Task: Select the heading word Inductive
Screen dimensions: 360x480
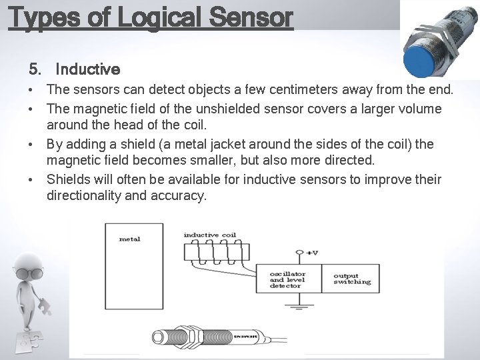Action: click(87, 69)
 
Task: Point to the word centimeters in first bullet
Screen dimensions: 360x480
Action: click(283, 89)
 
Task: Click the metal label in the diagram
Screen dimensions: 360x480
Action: click(129, 239)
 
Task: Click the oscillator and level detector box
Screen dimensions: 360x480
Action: click(288, 279)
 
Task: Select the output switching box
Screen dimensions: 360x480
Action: click(351, 279)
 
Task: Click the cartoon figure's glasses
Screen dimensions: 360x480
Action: click(29, 273)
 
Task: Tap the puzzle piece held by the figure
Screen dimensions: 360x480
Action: click(45, 307)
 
